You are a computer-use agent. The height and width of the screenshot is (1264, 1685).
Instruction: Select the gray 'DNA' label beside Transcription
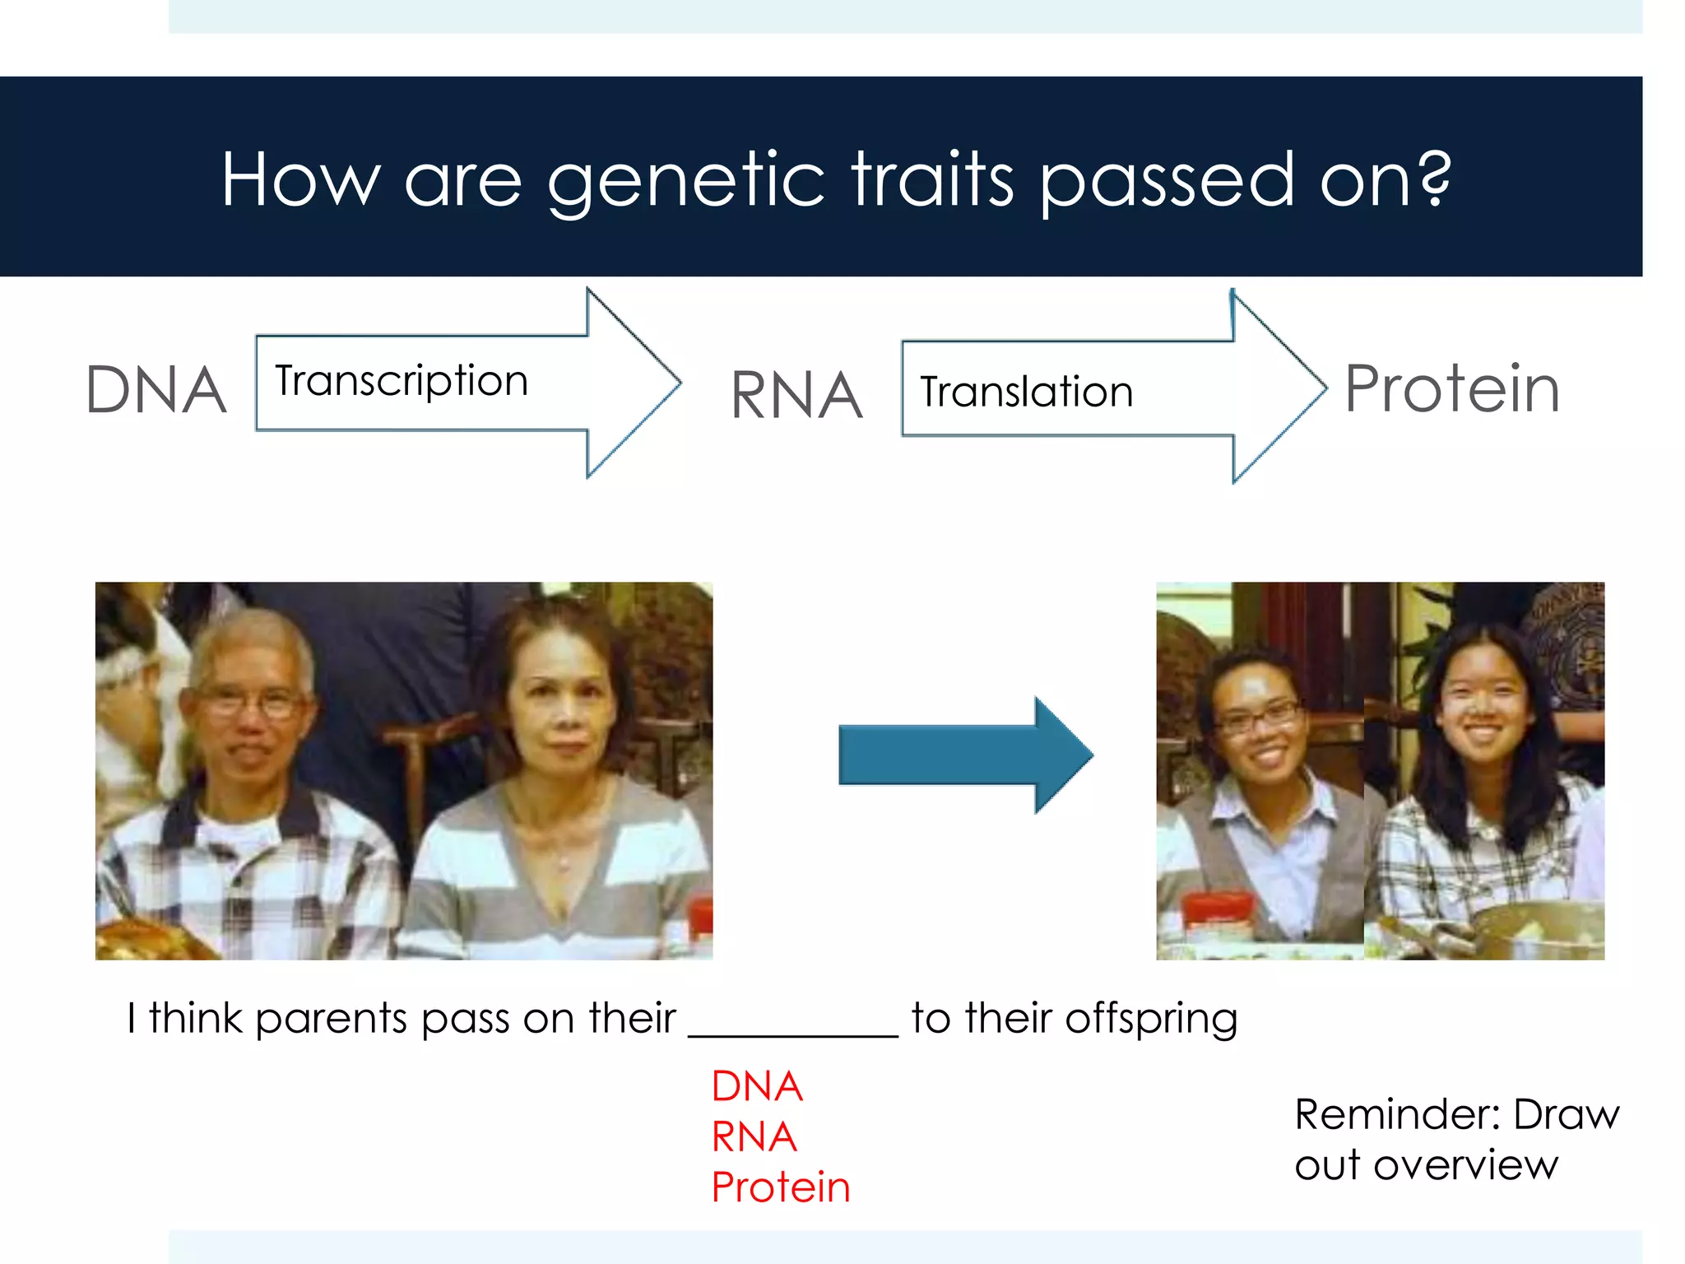156,390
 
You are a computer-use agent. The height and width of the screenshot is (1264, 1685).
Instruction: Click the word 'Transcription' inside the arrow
402,381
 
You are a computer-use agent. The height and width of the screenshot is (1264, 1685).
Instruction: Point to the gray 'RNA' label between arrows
796,396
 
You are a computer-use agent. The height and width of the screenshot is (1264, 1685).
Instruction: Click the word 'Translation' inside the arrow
1026,392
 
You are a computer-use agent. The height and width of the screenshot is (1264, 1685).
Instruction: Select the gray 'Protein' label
1452,388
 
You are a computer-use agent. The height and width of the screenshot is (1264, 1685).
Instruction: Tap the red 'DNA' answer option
756,1086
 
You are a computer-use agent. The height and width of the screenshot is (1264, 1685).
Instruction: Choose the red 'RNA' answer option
754,1137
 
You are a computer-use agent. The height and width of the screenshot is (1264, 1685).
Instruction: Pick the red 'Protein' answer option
780,1187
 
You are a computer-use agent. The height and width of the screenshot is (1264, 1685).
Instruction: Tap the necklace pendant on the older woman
564,862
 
